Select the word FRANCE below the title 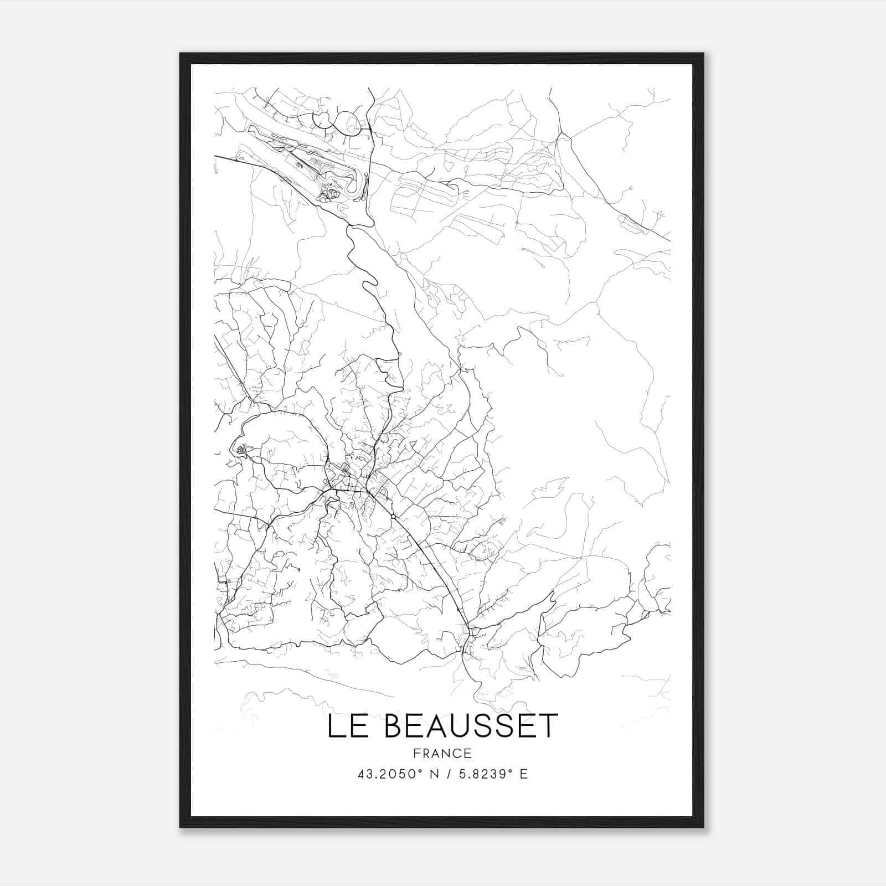pyautogui.click(x=442, y=753)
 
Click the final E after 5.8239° pyautogui.click(x=523, y=774)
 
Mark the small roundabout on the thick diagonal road pyautogui.click(x=393, y=516)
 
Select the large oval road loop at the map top pyautogui.click(x=348, y=123)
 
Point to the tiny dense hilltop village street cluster pyautogui.click(x=241, y=450)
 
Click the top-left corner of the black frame pyautogui.click(x=181, y=54)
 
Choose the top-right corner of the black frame pyautogui.click(x=703, y=54)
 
